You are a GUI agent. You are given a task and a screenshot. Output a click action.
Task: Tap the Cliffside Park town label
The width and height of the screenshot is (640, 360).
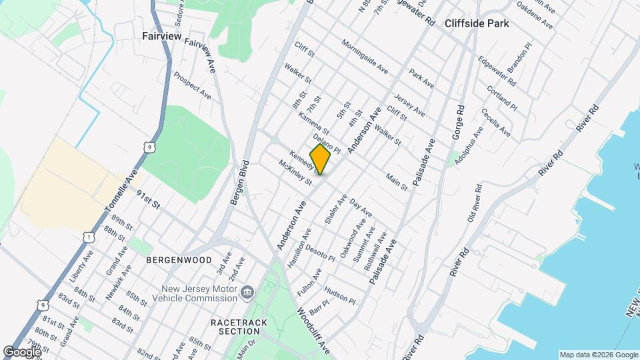[477, 23]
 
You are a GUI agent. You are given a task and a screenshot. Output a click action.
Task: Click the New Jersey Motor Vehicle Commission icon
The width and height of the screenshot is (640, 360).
[247, 291]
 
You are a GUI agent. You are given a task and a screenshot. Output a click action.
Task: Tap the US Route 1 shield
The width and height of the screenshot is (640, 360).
[88, 237]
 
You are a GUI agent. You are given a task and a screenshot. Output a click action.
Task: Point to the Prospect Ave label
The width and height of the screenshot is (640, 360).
[192, 86]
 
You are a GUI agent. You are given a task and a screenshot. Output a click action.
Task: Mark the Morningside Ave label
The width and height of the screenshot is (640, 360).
[364, 57]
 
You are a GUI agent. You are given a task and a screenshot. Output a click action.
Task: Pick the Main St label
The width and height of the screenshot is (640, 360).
[396, 182]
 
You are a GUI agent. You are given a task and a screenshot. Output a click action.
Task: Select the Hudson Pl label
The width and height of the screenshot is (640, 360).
[340, 296]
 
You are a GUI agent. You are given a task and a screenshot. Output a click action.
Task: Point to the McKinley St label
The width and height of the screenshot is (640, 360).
[295, 172]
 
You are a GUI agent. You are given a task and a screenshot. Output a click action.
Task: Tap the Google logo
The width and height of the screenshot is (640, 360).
[23, 351]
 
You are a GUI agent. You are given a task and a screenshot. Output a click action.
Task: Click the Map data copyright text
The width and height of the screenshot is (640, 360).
[597, 355]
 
